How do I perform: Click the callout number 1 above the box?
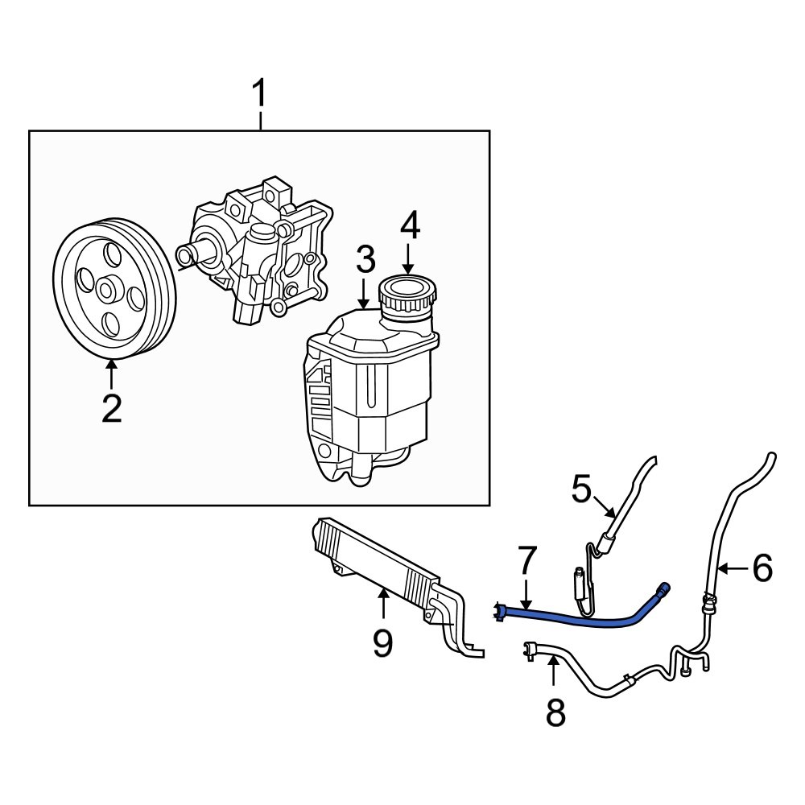coord(259,97)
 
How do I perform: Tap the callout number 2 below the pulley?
coord(111,409)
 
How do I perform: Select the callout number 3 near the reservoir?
coord(365,260)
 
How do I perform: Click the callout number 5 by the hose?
coord(582,489)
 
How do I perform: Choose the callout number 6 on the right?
coord(762,568)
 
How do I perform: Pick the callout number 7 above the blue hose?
coord(526,560)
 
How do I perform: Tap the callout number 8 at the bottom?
coord(555,712)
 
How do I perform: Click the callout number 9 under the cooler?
coord(382,642)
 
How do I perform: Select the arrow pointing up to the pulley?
coord(111,375)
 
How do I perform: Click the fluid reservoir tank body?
coord(370,386)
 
